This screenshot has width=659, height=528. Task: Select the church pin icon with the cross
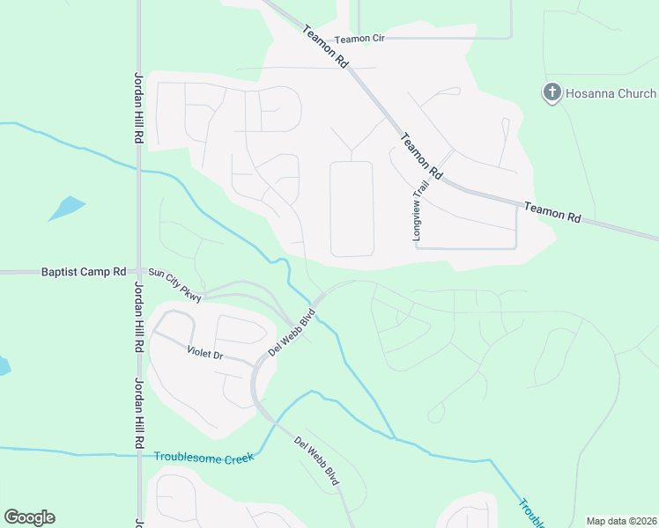click(552, 92)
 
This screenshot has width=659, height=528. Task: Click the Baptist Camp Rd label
click(84, 272)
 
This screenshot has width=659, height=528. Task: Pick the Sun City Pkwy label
click(174, 285)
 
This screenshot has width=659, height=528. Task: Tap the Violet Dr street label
click(206, 354)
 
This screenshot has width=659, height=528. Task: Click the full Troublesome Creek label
click(204, 457)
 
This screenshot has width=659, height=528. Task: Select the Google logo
click(29, 517)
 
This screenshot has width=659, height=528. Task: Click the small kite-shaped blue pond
click(67, 209)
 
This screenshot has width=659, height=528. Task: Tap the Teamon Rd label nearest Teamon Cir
click(325, 47)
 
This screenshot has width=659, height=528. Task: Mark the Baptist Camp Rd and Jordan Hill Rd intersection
click(138, 272)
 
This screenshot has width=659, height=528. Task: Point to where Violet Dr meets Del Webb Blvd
click(256, 369)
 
